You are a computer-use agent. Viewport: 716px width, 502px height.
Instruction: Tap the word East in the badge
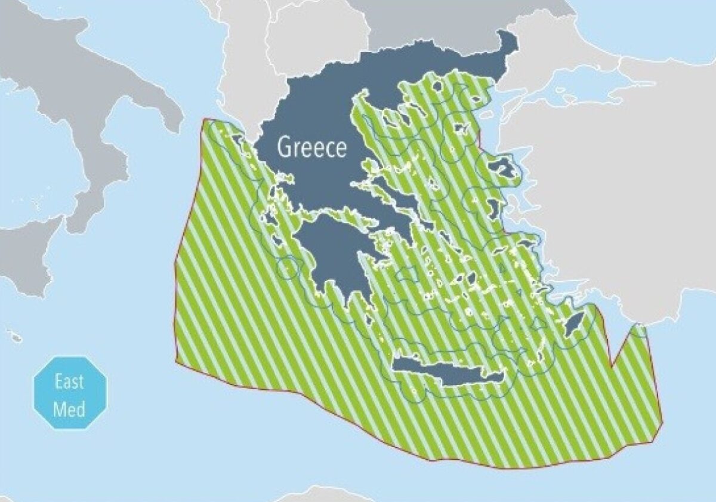69,381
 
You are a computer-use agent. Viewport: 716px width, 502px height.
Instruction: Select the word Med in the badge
69,409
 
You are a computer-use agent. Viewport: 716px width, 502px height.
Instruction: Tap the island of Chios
494,208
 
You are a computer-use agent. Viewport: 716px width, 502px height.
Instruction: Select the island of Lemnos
461,128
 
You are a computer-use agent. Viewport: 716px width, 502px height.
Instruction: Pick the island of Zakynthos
279,242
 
